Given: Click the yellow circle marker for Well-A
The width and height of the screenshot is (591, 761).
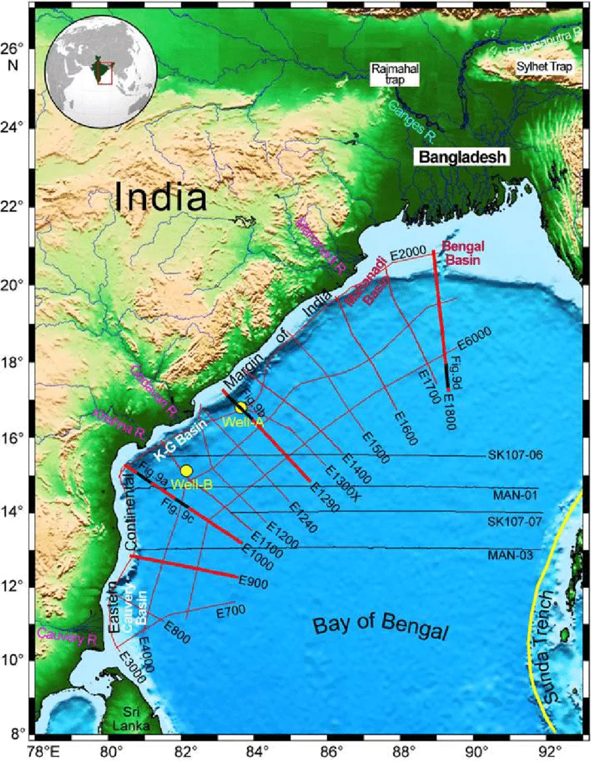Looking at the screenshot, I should pyautogui.click(x=241, y=407).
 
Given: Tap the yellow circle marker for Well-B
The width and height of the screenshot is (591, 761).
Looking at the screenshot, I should pyautogui.click(x=186, y=470).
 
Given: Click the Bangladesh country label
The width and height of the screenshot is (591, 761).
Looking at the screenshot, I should pyautogui.click(x=461, y=156).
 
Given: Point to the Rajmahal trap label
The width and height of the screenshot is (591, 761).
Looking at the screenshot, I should pyautogui.click(x=387, y=74).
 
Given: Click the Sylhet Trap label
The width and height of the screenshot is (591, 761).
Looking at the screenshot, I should pyautogui.click(x=543, y=67).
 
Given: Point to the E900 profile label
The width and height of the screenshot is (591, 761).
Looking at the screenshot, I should pyautogui.click(x=253, y=582).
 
